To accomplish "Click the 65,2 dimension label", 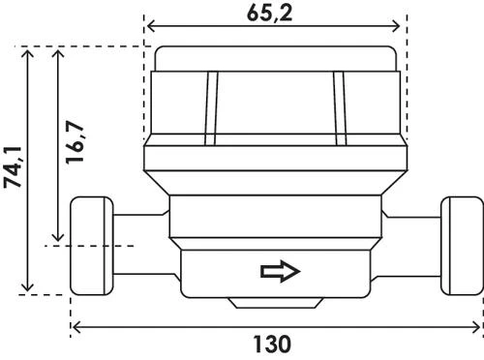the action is click(x=269, y=14).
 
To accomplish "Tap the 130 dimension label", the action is click(x=272, y=345).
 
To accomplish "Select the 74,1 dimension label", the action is click(x=13, y=166).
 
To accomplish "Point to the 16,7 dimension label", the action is click(x=75, y=142).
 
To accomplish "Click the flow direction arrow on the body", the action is click(x=281, y=271).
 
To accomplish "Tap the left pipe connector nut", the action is click(x=92, y=246).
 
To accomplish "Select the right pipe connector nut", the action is click(x=462, y=246).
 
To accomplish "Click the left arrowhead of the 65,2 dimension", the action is click(x=150, y=26).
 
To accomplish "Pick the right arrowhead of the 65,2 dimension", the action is click(x=396, y=26).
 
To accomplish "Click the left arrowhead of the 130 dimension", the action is click(x=76, y=327).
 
